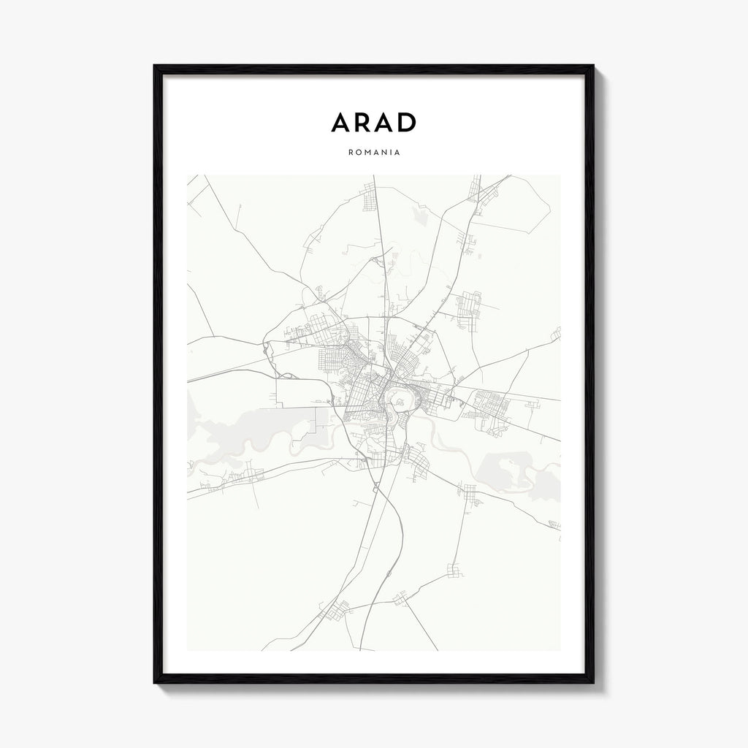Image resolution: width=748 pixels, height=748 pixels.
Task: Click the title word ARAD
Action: point(373,123)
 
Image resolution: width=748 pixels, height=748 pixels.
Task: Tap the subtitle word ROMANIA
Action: point(373,154)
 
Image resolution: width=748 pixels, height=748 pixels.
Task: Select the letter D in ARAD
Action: point(406,123)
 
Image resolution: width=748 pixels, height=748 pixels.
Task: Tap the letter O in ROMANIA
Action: point(359,154)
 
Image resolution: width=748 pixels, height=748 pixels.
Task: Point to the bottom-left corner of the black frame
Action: point(156,682)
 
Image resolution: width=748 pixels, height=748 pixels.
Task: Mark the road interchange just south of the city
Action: point(375,486)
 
